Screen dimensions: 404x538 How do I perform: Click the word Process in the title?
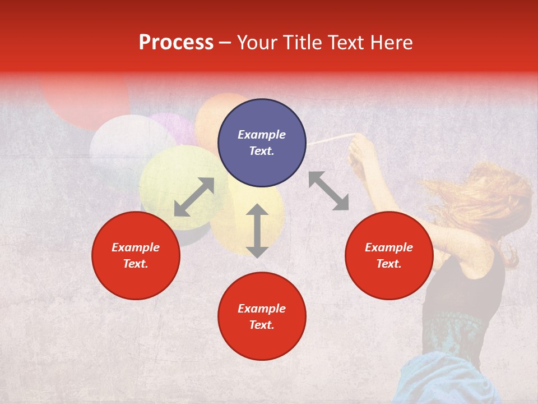(x=176, y=43)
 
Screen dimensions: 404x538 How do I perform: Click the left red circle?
(x=136, y=255)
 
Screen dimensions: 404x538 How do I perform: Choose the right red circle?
(x=389, y=255)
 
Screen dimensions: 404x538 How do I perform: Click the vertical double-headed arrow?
(x=257, y=231)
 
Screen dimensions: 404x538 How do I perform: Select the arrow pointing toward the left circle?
(x=194, y=197)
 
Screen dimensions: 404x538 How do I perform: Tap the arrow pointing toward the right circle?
(x=328, y=191)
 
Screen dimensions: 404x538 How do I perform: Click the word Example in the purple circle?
(x=262, y=135)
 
